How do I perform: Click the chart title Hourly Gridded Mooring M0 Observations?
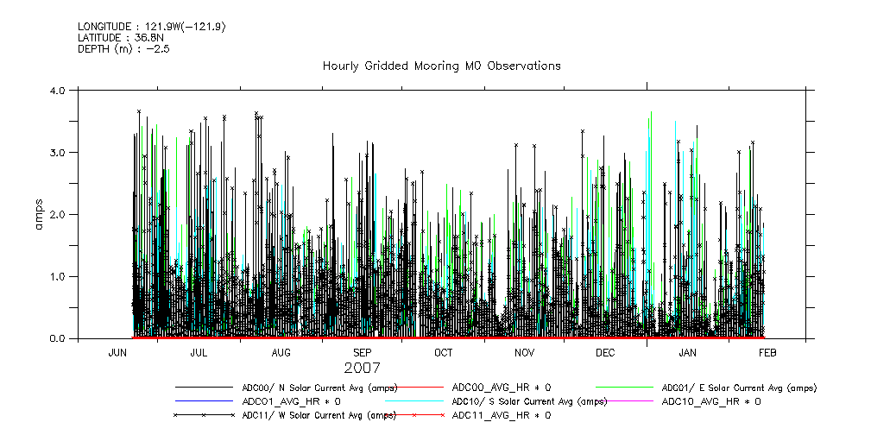tap(441, 66)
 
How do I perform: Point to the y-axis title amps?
tap(38, 214)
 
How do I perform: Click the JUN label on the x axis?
tap(118, 353)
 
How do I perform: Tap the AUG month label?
tap(281, 353)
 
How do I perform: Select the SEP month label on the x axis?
tap(362, 353)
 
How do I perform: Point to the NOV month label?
tap(524, 353)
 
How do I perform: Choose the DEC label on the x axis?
tap(605, 353)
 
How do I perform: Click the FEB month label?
tap(767, 353)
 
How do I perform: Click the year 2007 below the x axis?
tap(362, 368)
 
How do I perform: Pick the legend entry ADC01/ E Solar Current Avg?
tap(738, 388)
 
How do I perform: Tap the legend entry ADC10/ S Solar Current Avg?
tap(529, 401)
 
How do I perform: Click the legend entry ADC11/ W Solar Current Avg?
tap(306, 415)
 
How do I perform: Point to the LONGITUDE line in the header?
tap(152, 27)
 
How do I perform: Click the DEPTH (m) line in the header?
tap(123, 49)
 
